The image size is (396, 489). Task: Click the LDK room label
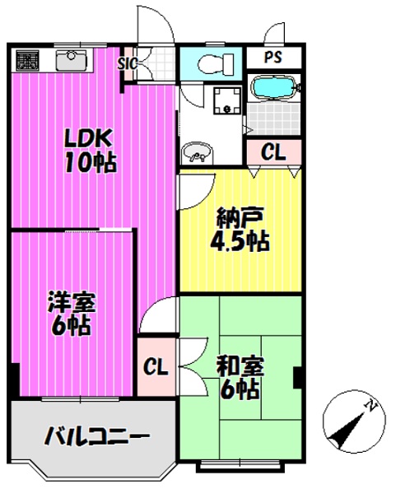point(88,139)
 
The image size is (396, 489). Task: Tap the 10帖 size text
point(91,163)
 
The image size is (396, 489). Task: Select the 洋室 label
point(72,302)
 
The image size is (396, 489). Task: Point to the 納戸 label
point(240,217)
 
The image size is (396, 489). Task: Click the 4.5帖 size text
point(240,241)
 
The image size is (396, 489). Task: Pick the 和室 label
point(240,366)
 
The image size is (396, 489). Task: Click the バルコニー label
point(96,436)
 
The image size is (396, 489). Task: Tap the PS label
point(273,57)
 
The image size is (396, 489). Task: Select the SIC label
point(128,63)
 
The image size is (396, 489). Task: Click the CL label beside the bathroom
point(273,152)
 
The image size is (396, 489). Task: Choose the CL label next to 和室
point(156,367)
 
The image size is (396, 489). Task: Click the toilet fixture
point(216,63)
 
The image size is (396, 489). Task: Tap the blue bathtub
point(274,88)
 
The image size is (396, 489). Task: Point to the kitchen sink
point(71,60)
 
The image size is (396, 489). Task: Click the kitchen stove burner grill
point(27,59)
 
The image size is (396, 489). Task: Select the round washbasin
point(198,152)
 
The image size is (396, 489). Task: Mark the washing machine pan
point(227,100)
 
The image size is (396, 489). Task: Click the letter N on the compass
point(371,405)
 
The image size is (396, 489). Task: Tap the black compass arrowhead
point(342,432)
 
